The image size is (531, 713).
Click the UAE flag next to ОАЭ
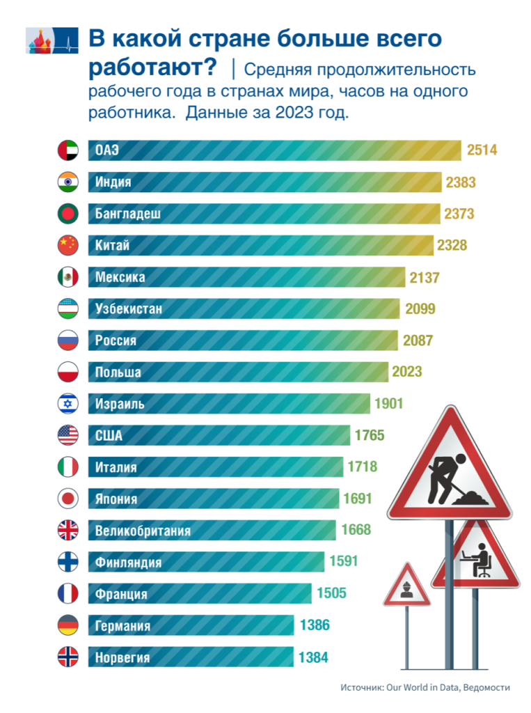point(67,150)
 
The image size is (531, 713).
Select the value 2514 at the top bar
point(482,150)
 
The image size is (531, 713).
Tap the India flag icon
point(67,182)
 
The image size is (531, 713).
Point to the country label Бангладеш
point(128,214)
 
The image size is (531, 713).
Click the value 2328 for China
point(452,245)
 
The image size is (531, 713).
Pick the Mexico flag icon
point(67,277)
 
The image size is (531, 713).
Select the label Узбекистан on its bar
point(129,308)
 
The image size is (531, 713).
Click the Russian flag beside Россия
point(67,340)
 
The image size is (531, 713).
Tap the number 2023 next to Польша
point(407,372)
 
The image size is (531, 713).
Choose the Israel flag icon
point(67,404)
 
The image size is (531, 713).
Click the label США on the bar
point(109,436)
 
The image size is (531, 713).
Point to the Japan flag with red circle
point(67,499)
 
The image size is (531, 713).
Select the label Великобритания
point(143,531)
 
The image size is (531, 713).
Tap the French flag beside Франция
point(67,594)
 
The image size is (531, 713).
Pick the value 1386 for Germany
point(315,625)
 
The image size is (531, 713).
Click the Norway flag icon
point(67,657)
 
